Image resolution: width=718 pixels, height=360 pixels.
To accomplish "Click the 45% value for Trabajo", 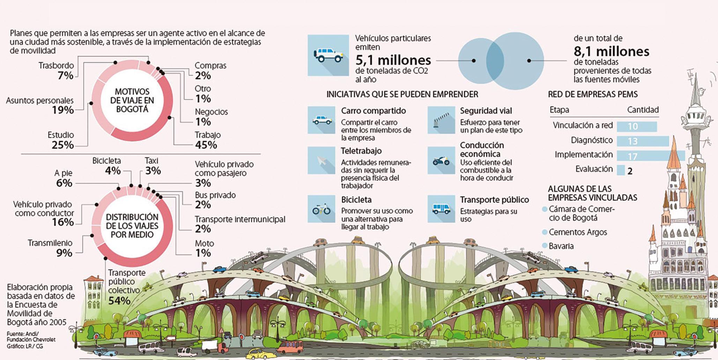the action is [206, 145].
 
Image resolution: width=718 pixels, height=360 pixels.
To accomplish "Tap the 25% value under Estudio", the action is [62, 145].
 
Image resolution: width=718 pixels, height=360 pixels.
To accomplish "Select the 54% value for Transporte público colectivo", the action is [119, 301].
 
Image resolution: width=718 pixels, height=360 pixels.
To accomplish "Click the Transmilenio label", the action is [50, 243].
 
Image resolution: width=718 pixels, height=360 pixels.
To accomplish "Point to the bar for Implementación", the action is [651, 156].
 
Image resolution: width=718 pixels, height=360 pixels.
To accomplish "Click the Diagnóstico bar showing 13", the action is [643, 141].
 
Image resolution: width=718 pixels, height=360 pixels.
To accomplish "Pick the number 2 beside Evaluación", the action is [630, 171].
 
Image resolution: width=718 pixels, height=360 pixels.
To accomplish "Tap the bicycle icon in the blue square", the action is [321, 209].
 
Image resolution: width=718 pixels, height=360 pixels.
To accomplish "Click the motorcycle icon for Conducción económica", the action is [441, 161].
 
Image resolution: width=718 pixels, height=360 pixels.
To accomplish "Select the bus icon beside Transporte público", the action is [441, 209].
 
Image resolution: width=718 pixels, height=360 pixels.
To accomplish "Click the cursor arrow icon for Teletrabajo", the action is [321, 161].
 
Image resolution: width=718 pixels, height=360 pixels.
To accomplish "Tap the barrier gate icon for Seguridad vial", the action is [441, 120].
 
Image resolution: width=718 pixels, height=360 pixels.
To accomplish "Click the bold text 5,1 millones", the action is [393, 60].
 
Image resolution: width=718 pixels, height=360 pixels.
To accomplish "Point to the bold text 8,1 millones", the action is [612, 52].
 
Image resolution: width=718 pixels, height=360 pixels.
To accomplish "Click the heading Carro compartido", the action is [373, 111].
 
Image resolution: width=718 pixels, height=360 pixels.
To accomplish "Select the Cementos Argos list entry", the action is [578, 232].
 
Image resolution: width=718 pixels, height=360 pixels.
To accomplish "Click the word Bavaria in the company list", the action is [561, 246].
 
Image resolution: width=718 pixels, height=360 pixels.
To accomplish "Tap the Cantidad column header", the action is [643, 110].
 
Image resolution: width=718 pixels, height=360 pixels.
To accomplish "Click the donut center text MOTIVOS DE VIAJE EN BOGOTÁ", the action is [132, 100].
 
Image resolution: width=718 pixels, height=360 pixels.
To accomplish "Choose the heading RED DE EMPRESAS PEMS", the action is [593, 94].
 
